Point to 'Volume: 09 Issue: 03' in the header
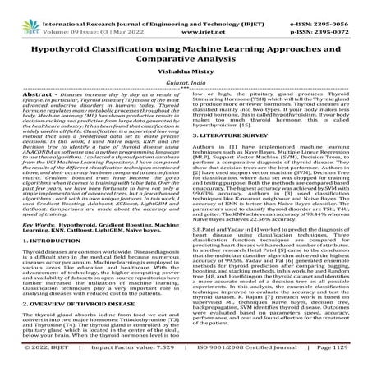point(66,16)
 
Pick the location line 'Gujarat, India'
point(186,74)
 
